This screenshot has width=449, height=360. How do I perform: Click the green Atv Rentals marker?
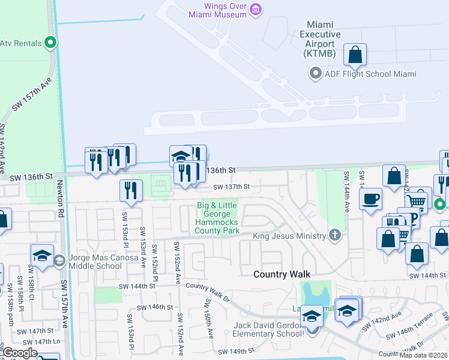50,43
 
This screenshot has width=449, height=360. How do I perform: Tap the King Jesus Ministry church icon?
336,236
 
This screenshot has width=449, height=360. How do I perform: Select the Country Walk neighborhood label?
282,274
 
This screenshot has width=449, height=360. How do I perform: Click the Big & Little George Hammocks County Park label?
217,218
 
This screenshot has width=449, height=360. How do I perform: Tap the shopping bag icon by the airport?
355,54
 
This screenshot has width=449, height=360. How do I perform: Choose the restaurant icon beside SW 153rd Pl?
131,190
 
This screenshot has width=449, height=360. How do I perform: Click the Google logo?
20,353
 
